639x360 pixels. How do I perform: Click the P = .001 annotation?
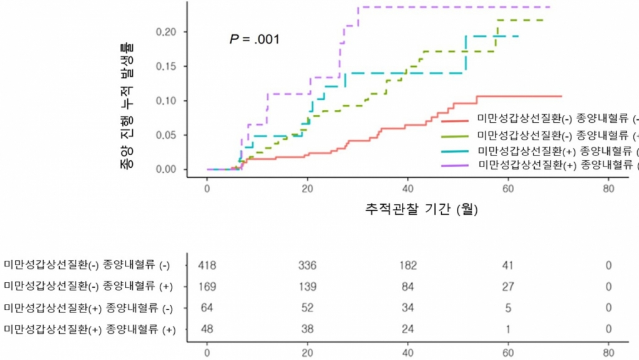[x=255, y=39]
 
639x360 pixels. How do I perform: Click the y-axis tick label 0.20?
[x=168, y=32]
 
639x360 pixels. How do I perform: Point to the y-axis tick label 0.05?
[x=168, y=135]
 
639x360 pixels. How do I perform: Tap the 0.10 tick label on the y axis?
[x=168, y=100]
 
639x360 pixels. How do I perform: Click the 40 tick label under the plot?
[x=407, y=190]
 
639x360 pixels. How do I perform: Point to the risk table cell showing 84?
[x=407, y=286]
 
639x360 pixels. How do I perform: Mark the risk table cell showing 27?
[x=508, y=286]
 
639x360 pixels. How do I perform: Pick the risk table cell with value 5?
[x=508, y=308]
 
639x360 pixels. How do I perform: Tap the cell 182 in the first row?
[x=407, y=266]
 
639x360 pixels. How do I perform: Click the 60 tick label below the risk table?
[x=508, y=352]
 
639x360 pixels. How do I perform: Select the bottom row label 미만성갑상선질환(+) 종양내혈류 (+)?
[x=90, y=329]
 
